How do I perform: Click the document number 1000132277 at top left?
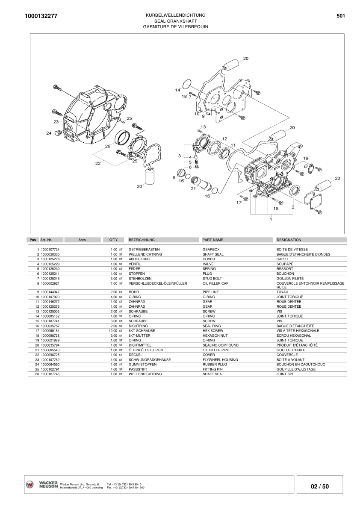point(41,16)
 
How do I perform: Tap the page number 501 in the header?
point(340,15)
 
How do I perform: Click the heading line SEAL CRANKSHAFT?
point(176,21)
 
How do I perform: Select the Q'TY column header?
point(113,240)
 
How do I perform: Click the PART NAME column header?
point(212,240)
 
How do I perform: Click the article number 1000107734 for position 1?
point(50,250)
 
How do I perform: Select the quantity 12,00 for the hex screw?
point(112,331)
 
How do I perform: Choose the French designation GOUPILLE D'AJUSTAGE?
point(296,369)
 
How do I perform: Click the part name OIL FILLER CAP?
point(215,283)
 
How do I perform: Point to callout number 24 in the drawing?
point(49,133)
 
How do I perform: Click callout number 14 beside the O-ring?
point(177,90)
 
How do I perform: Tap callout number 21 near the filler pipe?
point(193,188)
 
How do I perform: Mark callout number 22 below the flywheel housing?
point(98,163)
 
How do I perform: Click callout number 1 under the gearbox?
point(271,219)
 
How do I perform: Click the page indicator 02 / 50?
point(319,486)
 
